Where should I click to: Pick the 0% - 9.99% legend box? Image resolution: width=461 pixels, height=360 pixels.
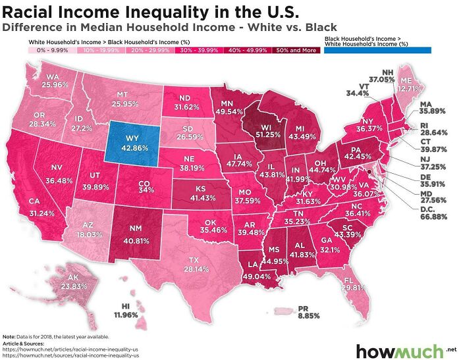tap(52, 49)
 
